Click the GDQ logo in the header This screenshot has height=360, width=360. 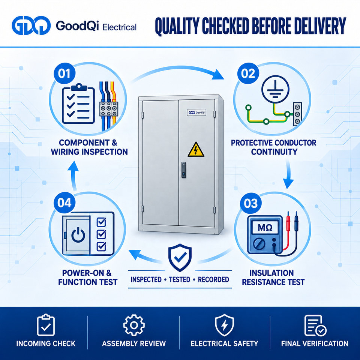pos(31,25)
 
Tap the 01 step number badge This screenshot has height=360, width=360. pos(64,74)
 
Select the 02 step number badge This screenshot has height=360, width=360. pos(248,74)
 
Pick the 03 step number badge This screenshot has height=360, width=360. pos(251,204)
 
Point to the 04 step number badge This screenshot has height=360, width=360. pos(64,203)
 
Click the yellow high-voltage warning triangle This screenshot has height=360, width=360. pos(196,150)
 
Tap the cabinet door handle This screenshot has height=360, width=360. pos(184,169)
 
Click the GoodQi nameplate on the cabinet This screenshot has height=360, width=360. pos(196,112)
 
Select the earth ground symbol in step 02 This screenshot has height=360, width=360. pos(276,89)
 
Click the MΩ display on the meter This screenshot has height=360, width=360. pos(265,227)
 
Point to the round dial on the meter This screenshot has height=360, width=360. pos(259,244)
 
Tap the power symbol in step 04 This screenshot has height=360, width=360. pos(78,235)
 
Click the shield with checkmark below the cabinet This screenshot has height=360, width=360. pos(180,258)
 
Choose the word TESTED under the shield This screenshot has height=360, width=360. pos(180,280)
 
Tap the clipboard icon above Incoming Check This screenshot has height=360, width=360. pos(46,325)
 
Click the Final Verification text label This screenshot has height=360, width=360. pos(315,343)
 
